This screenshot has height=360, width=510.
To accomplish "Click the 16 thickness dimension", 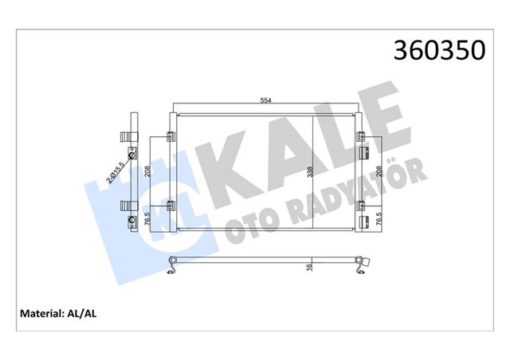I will [308, 268].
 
